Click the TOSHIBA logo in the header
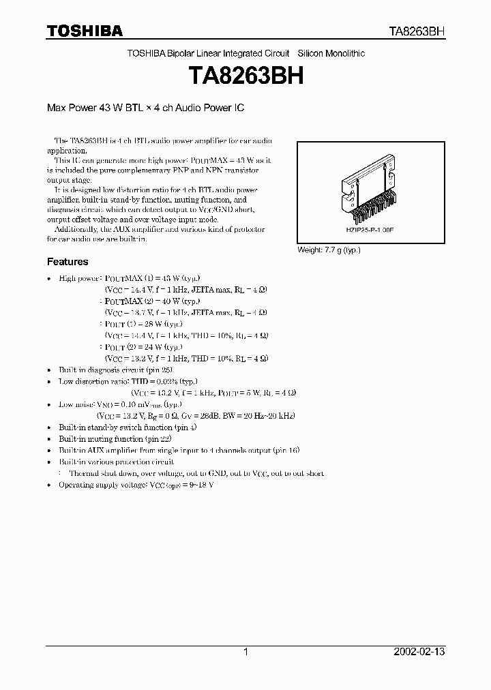[x=85, y=31]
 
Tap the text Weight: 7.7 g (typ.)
[x=329, y=250]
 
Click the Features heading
[x=68, y=262]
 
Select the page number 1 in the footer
[x=245, y=652]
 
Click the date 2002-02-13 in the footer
[x=419, y=652]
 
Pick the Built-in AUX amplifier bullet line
[x=179, y=450]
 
